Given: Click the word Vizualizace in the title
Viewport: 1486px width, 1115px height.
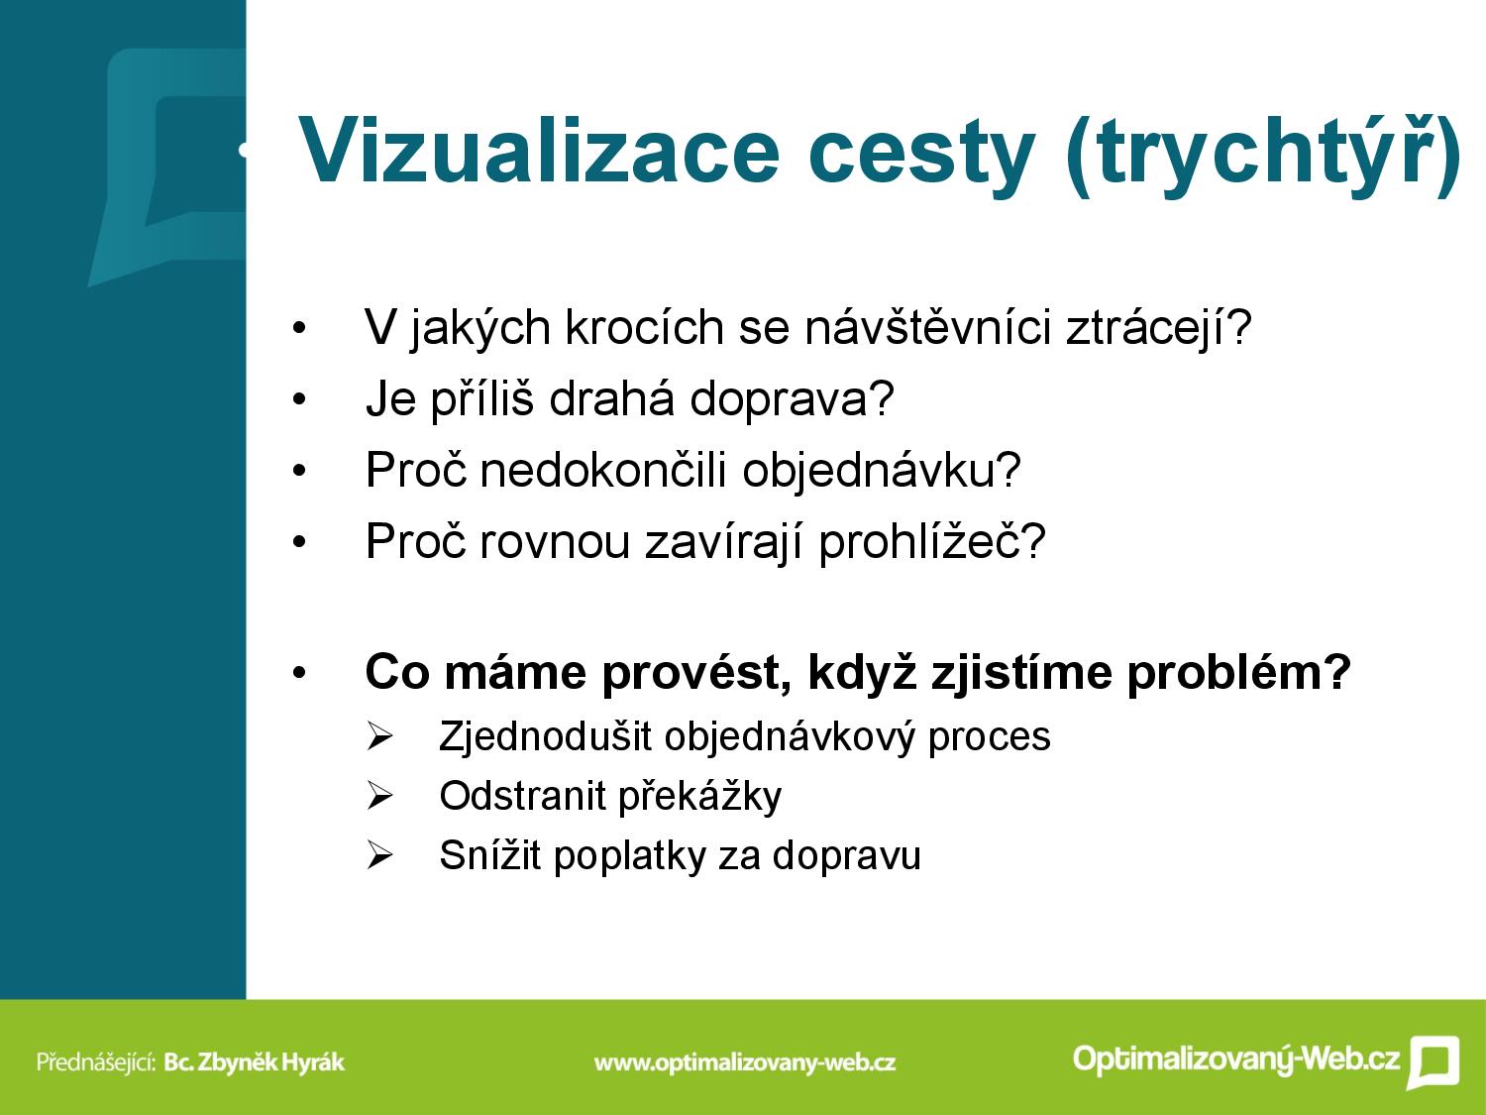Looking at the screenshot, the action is tap(539, 151).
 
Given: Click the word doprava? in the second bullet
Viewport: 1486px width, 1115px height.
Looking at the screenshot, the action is tap(793, 399).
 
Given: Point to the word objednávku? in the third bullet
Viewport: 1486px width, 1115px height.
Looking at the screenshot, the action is tap(882, 469).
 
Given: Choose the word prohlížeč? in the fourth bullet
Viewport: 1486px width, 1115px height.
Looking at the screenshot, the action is tap(932, 540).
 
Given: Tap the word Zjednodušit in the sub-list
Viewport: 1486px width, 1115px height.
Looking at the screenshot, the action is tap(545, 736).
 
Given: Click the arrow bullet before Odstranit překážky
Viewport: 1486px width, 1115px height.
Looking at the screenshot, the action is tap(379, 796).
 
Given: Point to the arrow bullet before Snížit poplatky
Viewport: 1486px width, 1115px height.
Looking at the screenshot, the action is tap(379, 855).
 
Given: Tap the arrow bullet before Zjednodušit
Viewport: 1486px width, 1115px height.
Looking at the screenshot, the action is tap(379, 736).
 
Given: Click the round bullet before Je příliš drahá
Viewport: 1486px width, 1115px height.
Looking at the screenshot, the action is tap(299, 399).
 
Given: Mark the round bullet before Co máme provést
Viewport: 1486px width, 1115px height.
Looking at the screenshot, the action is tap(299, 673).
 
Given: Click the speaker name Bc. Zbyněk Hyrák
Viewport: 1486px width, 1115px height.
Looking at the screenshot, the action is tap(255, 1061).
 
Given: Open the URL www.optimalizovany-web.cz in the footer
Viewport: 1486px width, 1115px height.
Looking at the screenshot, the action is tap(745, 1062).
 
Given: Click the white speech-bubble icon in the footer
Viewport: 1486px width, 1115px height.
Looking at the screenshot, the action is tap(1433, 1061).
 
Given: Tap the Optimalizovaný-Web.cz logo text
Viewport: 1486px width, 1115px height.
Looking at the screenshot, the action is tap(1236, 1059).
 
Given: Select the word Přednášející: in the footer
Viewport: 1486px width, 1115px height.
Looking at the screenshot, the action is tap(96, 1061).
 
